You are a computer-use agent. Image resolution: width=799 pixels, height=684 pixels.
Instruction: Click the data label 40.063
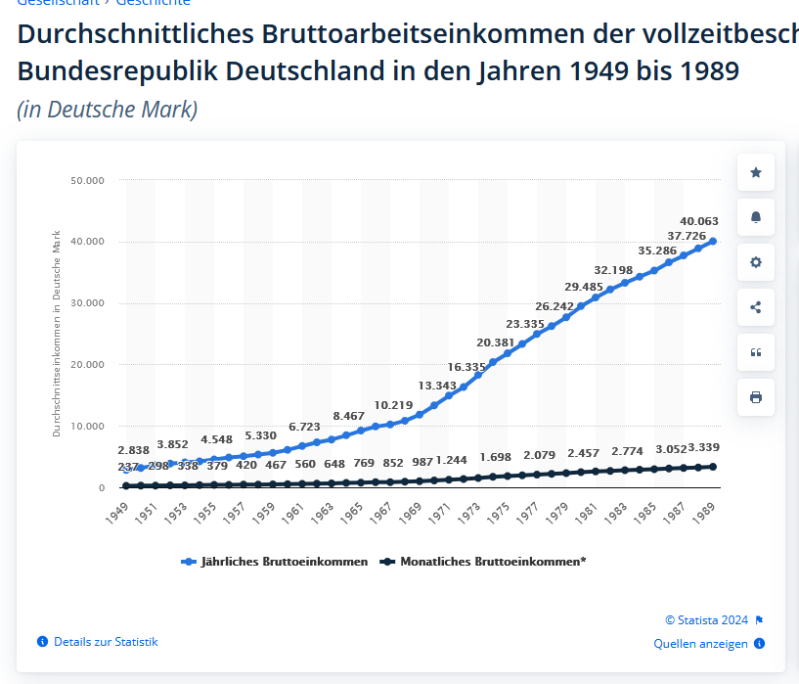[699, 221]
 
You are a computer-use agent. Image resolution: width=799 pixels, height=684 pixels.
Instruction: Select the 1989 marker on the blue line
[713, 241]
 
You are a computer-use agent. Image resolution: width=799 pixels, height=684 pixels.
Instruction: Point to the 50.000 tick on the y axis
[87, 180]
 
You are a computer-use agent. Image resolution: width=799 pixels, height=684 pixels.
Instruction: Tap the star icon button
[755, 172]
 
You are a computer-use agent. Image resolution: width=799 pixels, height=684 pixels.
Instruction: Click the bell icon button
[755, 217]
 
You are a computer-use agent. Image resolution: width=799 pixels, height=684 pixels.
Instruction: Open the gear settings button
[755, 262]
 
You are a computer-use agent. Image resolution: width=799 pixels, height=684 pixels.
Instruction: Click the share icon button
[755, 307]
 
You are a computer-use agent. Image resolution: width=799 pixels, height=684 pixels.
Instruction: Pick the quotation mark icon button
[755, 352]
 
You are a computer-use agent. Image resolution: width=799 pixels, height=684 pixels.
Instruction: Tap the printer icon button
[755, 397]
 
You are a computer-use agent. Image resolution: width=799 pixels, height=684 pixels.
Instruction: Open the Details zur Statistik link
[106, 642]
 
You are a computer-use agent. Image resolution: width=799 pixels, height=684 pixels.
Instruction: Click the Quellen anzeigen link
[700, 644]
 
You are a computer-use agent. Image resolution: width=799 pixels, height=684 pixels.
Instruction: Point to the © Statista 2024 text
[706, 620]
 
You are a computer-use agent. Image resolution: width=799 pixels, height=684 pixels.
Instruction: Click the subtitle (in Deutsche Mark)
[108, 110]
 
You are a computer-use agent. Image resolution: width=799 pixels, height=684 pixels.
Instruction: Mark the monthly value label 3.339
[703, 448]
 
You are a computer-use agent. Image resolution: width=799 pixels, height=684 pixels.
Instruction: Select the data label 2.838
[133, 450]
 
